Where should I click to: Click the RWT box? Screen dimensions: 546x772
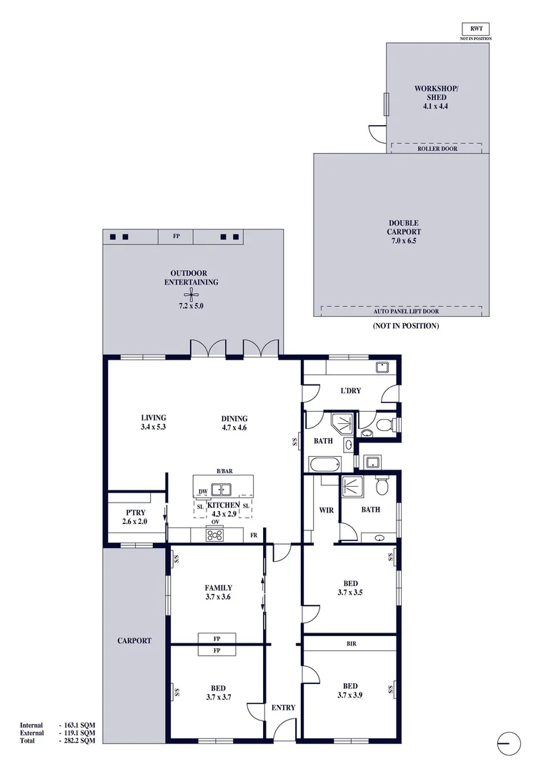pos(475,29)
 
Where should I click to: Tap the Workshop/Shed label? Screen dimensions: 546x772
pos(436,93)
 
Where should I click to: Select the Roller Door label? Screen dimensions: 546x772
pos(437,149)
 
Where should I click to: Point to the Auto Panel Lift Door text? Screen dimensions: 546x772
pos(406,311)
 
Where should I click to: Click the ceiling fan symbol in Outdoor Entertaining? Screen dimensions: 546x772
pos(191,295)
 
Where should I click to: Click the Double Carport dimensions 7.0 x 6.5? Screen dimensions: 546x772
pos(404,241)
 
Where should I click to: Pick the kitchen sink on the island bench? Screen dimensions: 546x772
pos(222,490)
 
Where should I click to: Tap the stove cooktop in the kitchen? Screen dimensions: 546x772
pos(214,535)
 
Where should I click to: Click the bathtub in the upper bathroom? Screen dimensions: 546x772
pos(325,464)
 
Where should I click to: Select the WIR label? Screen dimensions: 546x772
pos(327,510)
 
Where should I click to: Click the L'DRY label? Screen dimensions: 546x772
pos(351,390)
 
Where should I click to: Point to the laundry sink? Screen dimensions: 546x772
pos(382,367)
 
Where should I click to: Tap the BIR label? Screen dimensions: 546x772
pos(351,643)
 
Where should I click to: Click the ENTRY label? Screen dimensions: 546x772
pos(283,708)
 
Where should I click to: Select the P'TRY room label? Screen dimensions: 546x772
pos(135,513)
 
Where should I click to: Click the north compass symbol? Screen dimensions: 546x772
pos(508,743)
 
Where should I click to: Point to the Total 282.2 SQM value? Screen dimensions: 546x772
pos(76,741)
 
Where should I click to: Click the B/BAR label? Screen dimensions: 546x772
pos(224,471)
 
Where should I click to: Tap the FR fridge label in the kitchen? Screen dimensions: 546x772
pos(254,535)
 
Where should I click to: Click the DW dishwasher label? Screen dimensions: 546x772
pos(203,491)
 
